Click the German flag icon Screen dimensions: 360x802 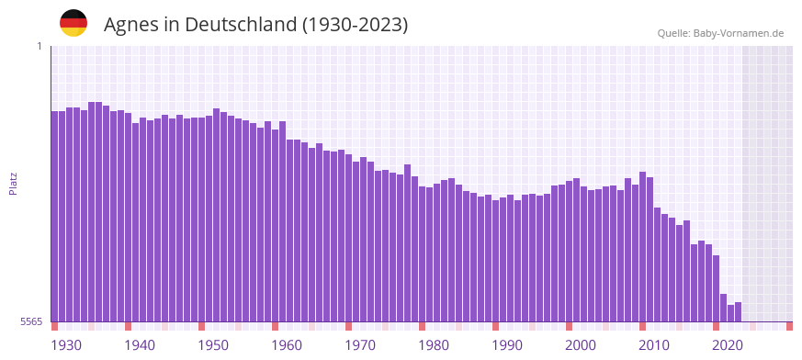[73, 23]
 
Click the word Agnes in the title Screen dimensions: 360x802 [130, 24]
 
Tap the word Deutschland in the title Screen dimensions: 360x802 [241, 24]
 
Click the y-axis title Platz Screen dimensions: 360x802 [13, 184]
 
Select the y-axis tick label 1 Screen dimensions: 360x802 [39, 46]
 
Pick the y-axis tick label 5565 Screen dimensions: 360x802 [30, 321]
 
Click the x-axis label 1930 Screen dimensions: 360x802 [66, 345]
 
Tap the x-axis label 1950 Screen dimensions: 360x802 [213, 345]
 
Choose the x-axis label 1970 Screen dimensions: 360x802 [360, 345]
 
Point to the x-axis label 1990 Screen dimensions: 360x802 [507, 345]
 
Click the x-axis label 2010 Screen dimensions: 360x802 [654, 345]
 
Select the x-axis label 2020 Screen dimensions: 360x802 [728, 345]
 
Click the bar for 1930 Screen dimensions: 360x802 [55, 216]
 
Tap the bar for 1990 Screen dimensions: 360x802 [496, 261]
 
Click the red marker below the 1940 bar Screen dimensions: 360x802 [129, 326]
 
